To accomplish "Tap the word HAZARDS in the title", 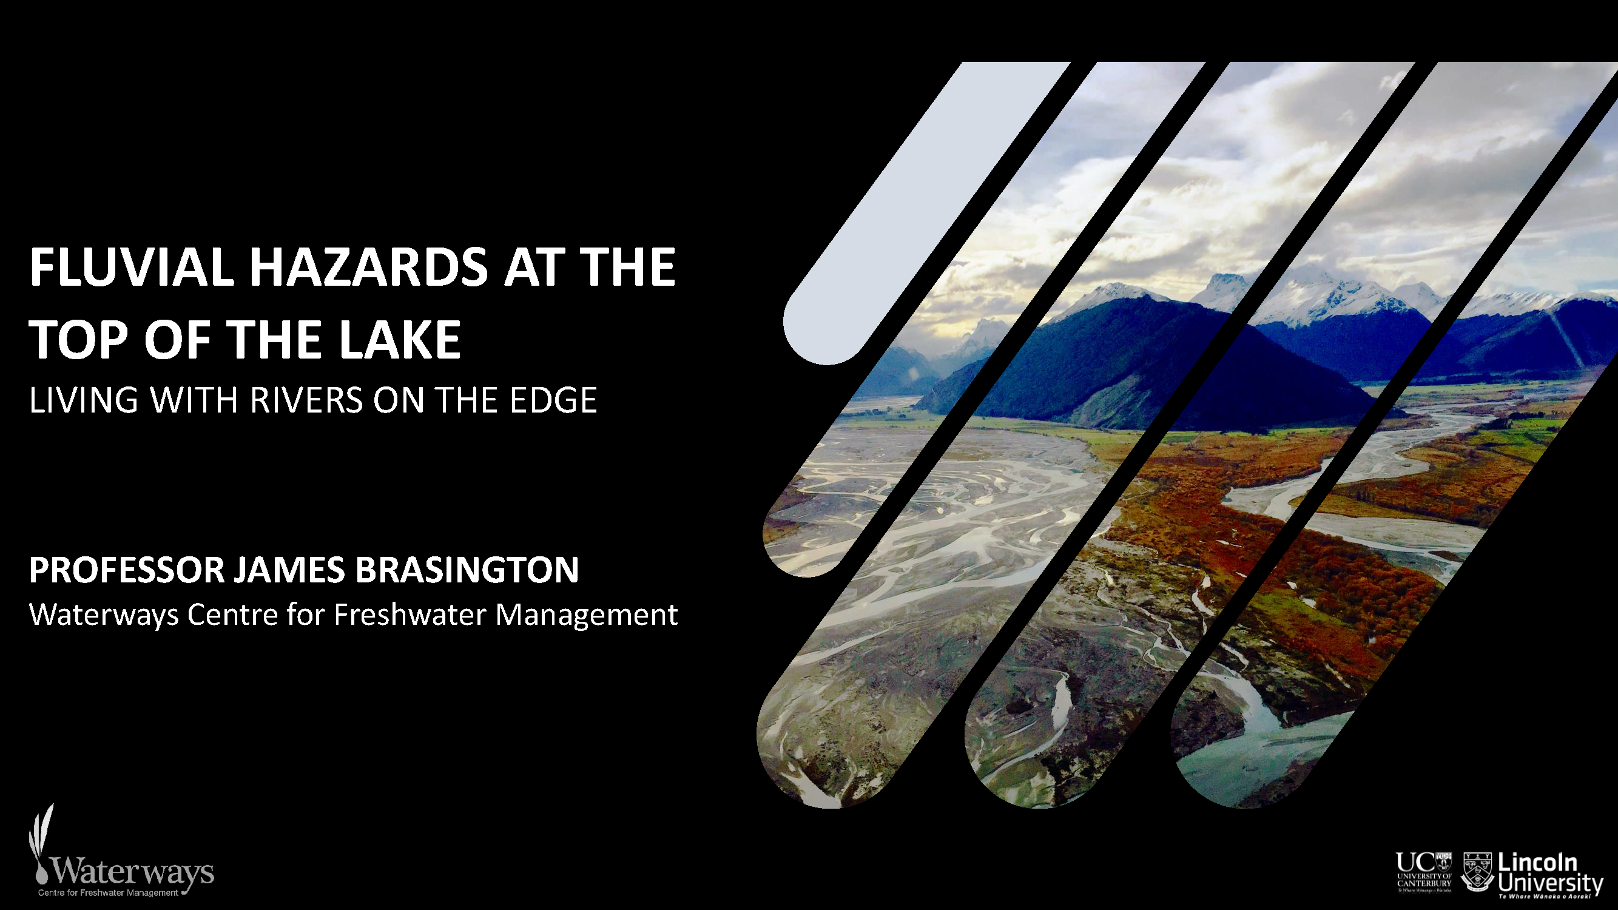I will [368, 268].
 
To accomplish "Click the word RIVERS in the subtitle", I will [306, 400].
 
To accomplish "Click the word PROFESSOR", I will [126, 570].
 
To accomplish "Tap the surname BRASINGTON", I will [467, 570].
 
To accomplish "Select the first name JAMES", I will [289, 570].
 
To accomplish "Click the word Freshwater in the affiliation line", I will [410, 614].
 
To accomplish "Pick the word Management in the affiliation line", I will [587, 615].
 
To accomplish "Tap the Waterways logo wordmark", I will [132, 872].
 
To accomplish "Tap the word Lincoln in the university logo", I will [1537, 863].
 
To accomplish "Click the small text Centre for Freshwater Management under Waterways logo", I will [108, 893].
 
